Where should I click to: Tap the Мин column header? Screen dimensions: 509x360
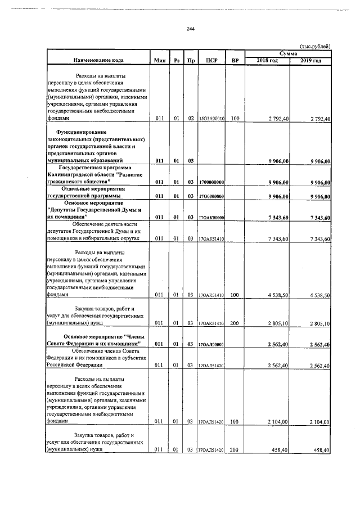coord(159,60)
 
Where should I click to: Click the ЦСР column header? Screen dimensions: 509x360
coord(211,60)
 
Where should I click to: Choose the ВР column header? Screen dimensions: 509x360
coord(235,60)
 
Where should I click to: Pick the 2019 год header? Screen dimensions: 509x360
coord(310,60)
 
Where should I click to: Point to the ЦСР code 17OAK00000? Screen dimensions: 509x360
coord(211,218)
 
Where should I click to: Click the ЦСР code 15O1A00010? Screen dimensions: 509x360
coord(211,119)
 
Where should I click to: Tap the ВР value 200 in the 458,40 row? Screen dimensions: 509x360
coord(235,450)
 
